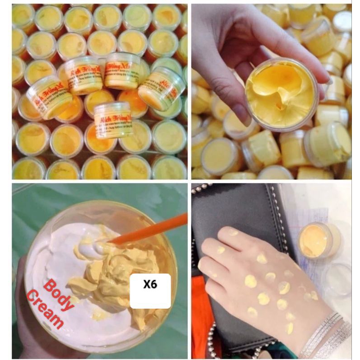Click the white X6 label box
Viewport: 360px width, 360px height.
click(150, 291)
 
